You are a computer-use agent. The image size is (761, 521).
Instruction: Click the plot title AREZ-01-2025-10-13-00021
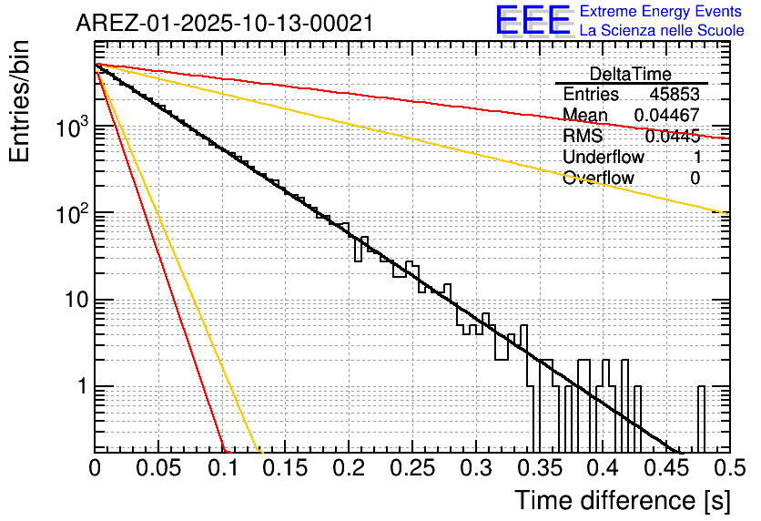(224, 24)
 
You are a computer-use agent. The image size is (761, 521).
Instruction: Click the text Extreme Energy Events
(662, 12)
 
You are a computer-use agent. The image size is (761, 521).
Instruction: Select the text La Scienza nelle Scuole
(662, 30)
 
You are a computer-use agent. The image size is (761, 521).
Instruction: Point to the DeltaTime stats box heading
(630, 74)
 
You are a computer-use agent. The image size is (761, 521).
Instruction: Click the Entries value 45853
(674, 95)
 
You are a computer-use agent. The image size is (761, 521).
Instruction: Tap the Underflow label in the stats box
(603, 157)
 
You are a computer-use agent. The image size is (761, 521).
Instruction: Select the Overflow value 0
(695, 178)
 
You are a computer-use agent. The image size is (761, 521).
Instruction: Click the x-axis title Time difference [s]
(623, 500)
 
